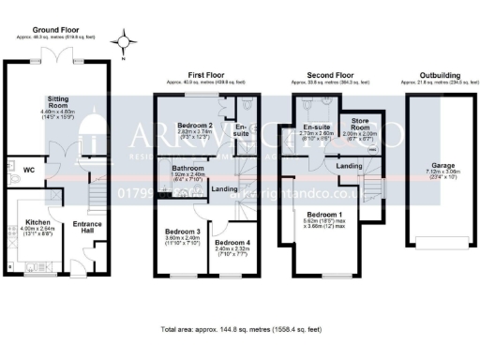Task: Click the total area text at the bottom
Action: pos(242,330)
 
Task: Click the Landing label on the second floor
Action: pos(351,165)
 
